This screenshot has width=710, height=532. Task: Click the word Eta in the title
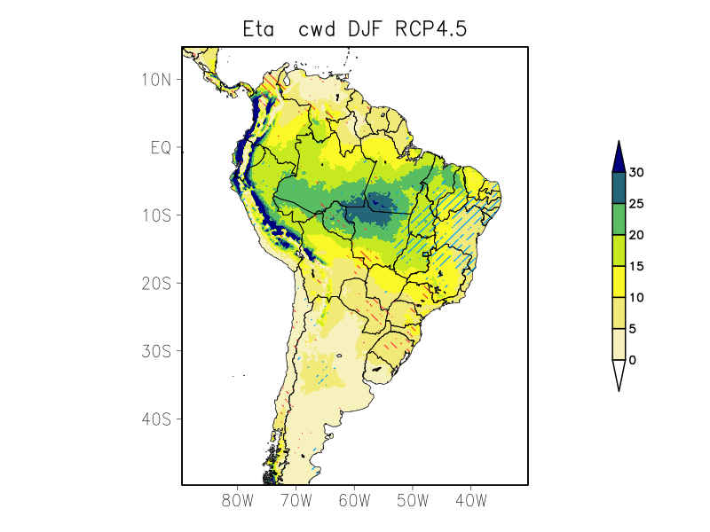pyautogui.click(x=260, y=29)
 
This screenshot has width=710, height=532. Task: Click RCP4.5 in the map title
pyautogui.click(x=431, y=29)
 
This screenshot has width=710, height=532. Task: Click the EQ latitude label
pyautogui.click(x=162, y=147)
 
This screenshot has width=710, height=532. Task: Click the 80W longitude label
pyautogui.click(x=237, y=500)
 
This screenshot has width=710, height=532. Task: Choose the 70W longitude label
pyautogui.click(x=296, y=500)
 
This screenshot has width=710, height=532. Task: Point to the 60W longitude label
pyautogui.click(x=354, y=500)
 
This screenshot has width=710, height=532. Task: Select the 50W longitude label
pyautogui.click(x=413, y=500)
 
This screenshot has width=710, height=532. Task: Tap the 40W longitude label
pyautogui.click(x=471, y=500)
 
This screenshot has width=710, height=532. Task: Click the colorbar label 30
pyautogui.click(x=636, y=172)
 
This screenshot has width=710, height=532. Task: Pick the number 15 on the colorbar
pyautogui.click(x=636, y=266)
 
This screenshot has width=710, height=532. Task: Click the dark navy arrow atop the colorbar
pyautogui.click(x=619, y=158)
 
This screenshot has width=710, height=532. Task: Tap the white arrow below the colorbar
pyautogui.click(x=619, y=373)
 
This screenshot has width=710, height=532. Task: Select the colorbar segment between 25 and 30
pyautogui.click(x=619, y=188)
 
